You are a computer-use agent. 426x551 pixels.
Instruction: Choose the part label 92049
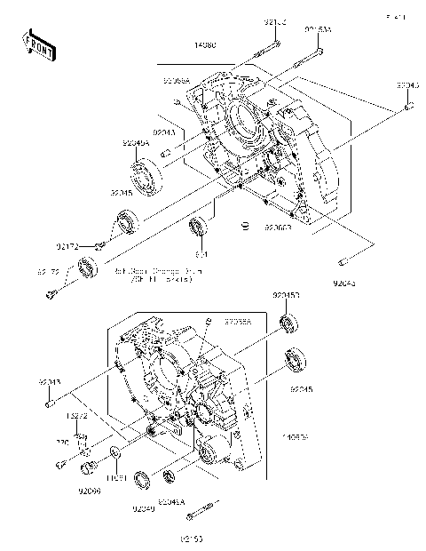(x=143, y=508)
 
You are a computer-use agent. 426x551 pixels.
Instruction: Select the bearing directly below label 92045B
(x=288, y=322)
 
